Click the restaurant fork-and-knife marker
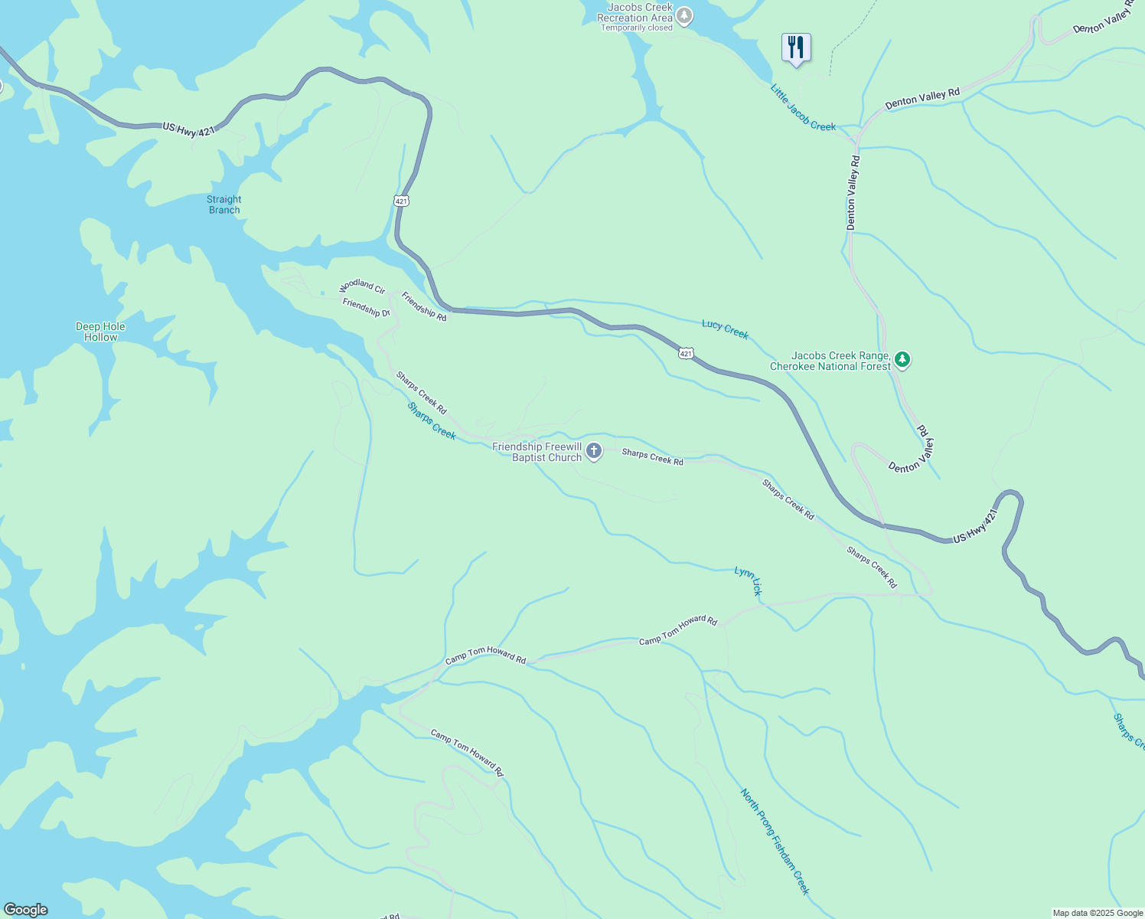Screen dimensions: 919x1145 tap(796, 48)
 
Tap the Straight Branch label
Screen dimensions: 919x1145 tap(224, 204)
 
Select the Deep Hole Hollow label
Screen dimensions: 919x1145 tap(100, 332)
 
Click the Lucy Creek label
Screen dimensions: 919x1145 tap(725, 329)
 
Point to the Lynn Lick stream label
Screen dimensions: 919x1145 tap(749, 581)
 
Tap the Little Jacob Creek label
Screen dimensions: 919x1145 tap(803, 108)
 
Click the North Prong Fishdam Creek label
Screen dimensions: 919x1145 tap(775, 841)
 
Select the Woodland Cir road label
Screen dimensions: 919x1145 tap(362, 286)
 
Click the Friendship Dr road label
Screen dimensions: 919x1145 tap(366, 308)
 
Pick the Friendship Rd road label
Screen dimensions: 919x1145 tap(424, 306)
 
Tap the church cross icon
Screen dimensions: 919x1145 tap(594, 452)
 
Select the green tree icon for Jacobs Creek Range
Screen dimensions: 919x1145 tap(902, 360)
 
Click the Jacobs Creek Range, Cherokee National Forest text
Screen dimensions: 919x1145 tap(830, 361)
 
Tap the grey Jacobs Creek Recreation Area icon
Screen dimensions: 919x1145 tap(683, 15)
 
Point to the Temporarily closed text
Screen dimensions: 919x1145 tap(637, 28)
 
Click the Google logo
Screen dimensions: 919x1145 tap(25, 909)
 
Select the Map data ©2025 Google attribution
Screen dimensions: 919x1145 tap(1097, 913)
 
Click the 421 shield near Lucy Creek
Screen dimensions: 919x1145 tap(686, 353)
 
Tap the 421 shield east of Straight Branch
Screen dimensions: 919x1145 tap(402, 201)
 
